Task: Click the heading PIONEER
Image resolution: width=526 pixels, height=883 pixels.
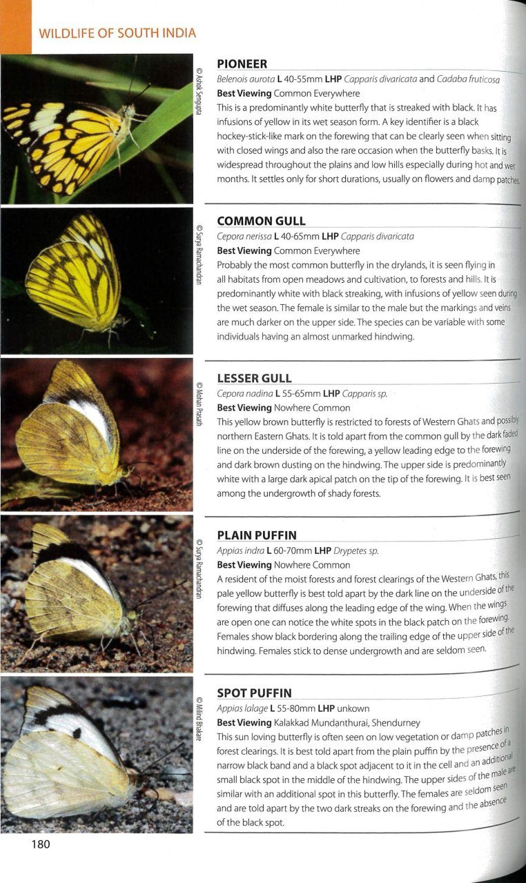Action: [x=242, y=64]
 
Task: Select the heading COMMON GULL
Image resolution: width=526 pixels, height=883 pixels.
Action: [x=261, y=221]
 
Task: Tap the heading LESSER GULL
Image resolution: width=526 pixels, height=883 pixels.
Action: [x=254, y=378]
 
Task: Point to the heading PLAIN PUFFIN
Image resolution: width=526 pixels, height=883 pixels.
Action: [x=257, y=535]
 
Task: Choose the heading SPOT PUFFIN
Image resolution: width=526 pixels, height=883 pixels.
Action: [x=254, y=693]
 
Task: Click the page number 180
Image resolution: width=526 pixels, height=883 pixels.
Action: [x=41, y=844]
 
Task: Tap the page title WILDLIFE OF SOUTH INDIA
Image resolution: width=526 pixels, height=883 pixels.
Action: [x=117, y=33]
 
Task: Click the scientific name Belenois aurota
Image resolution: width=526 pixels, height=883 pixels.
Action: [x=244, y=79]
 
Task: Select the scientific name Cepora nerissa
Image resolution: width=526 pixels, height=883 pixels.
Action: [x=244, y=236]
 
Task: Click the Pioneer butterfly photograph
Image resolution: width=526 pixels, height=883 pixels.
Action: [x=97, y=129]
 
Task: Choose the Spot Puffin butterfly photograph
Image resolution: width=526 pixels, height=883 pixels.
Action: [x=97, y=755]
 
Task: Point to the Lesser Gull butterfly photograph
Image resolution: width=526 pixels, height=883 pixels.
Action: [x=97, y=435]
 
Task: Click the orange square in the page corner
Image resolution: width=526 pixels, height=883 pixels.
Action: [x=15, y=27]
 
